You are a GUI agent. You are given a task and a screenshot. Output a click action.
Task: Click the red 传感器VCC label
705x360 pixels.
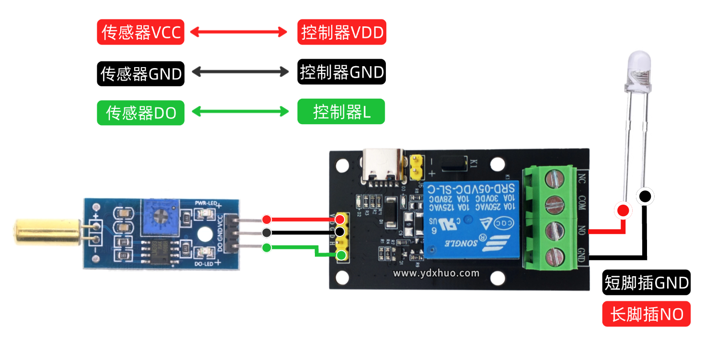pos(140,33)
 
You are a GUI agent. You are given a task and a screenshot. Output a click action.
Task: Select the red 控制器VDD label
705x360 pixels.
pos(341,33)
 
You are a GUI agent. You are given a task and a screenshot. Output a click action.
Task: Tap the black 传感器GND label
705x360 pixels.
pos(140,74)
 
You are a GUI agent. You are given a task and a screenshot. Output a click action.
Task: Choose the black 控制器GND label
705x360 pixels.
pos(341,72)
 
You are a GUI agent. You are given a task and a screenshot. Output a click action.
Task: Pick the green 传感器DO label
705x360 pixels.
pos(140,113)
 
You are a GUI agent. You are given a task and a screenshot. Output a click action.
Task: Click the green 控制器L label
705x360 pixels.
pos(341,112)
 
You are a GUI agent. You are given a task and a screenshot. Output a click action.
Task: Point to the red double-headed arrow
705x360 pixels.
pos(239,32)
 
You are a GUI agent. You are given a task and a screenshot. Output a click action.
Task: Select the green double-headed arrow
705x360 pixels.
pos(240,112)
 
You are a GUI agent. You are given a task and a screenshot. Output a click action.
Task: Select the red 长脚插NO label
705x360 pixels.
pos(646,314)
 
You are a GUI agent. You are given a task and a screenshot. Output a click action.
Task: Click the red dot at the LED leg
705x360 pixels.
pos(623,210)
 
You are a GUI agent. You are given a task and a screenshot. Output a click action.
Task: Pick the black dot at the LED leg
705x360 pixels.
pos(645,196)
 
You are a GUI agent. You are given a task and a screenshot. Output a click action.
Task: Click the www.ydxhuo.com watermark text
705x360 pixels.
pos(436,273)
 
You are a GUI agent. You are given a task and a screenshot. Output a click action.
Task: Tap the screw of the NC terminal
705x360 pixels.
pos(554,180)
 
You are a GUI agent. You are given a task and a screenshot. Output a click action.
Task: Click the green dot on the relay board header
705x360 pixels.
pos(341,255)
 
